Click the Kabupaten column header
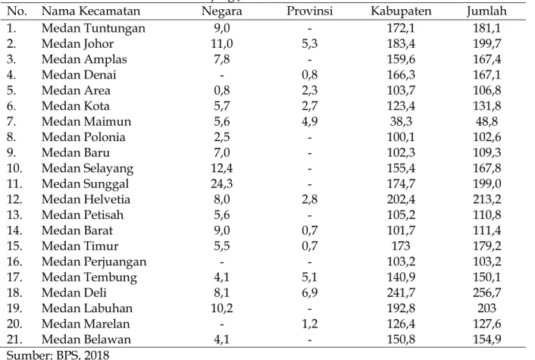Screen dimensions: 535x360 tap(401, 11)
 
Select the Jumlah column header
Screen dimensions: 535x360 tap(487, 11)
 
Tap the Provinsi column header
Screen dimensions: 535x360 tap(309, 11)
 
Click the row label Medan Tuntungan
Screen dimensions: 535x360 tap(93, 28)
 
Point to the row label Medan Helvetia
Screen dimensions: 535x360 tap(86, 199)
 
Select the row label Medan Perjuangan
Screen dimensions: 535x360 tap(94, 262)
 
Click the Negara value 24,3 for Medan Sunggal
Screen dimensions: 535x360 tap(222, 184)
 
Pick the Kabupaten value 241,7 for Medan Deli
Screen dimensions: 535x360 tap(401, 293)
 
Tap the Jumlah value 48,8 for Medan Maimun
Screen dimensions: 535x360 tap(487, 122)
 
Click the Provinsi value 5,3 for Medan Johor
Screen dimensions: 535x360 tap(309, 44)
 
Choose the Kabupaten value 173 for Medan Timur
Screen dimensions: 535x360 tap(401, 246)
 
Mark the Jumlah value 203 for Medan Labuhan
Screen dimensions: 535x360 tap(487, 308)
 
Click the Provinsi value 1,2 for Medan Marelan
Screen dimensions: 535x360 tap(309, 324)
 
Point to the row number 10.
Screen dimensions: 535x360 tap(14, 168)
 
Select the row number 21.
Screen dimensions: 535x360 tap(14, 340)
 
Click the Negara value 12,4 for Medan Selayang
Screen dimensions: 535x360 tap(222, 168)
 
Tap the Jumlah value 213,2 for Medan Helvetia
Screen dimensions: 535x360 tap(487, 199)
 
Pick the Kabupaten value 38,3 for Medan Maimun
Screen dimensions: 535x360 tap(401, 122)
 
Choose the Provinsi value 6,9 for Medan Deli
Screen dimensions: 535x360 tap(309, 293)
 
